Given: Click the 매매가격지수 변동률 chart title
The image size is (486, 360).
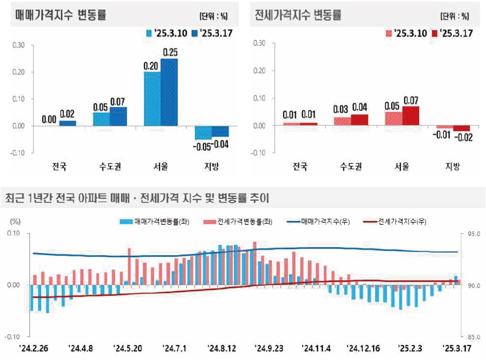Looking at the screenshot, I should coord(61,15).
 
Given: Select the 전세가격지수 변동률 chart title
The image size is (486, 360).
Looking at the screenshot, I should coord(298,15).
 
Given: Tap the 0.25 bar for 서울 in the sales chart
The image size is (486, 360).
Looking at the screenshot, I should coord(169,92).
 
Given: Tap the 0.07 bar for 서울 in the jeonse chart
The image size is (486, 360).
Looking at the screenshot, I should coord(410,116).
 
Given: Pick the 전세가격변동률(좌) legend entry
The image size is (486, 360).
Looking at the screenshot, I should coord(239,222).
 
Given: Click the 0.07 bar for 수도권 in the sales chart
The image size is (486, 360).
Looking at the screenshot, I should coord(118,117).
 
